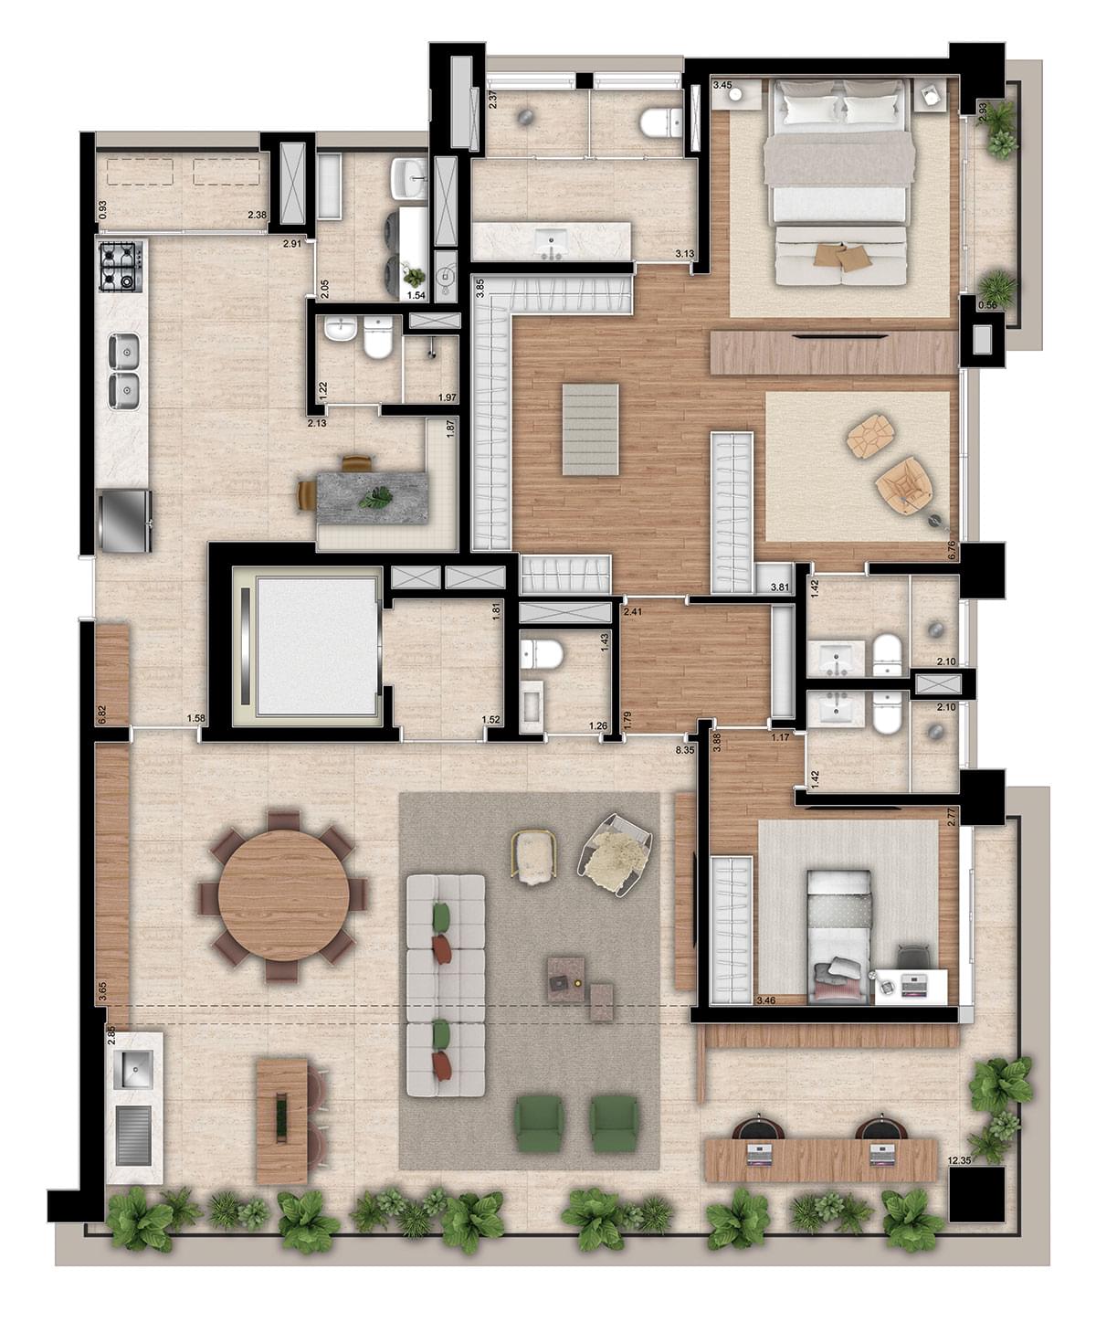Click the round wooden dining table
283,896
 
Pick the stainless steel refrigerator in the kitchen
125,521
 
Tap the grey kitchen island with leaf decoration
372,497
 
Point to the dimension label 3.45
722,85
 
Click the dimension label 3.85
479,288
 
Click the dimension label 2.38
257,215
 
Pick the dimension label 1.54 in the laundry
416,295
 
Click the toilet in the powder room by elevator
541,654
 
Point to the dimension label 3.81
780,587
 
